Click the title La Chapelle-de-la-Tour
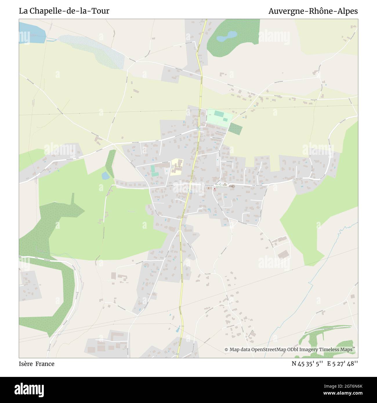click(x=64, y=11)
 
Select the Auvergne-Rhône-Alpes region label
click(x=313, y=11)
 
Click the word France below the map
click(x=45, y=364)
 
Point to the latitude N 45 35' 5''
click(x=307, y=364)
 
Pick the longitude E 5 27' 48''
click(x=342, y=364)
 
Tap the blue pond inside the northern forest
click(x=226, y=37)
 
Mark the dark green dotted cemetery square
click(x=235, y=129)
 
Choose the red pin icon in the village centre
click(x=215, y=189)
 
